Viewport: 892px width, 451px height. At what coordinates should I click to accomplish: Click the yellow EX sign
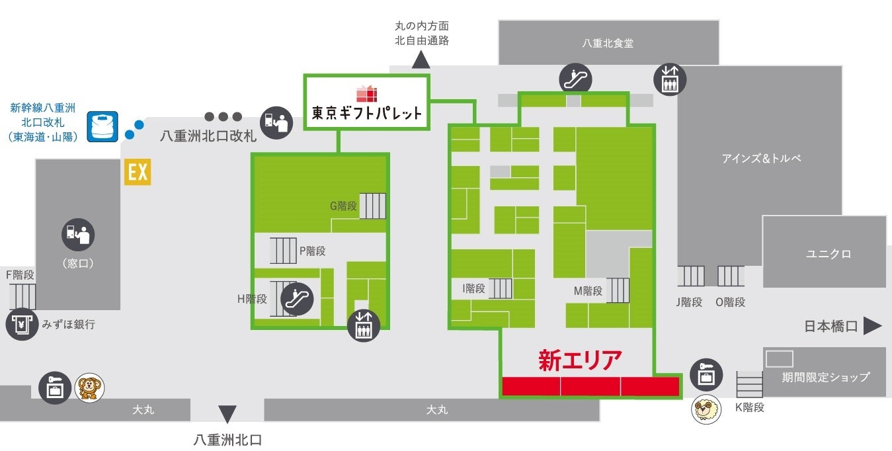click(x=138, y=173)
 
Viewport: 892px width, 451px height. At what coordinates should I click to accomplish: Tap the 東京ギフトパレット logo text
click(x=366, y=112)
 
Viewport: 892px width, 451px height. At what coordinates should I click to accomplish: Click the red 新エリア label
click(x=580, y=361)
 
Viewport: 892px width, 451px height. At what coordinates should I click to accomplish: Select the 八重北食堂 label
click(x=608, y=43)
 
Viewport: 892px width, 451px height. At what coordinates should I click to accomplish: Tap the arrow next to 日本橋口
click(x=873, y=325)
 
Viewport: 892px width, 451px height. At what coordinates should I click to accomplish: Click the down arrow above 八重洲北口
click(x=227, y=415)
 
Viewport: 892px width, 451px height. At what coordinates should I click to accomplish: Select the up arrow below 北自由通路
click(x=421, y=60)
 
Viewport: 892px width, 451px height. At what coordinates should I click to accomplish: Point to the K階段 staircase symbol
click(x=749, y=384)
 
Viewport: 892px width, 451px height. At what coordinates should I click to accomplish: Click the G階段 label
click(x=343, y=206)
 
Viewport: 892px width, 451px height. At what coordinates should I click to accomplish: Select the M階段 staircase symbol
click(x=618, y=290)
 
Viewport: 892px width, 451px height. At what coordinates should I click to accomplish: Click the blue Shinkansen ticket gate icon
click(x=102, y=126)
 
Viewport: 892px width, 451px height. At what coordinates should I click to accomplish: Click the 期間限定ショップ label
click(x=825, y=377)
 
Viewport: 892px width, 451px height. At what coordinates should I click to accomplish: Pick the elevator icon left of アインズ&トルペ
click(x=669, y=79)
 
